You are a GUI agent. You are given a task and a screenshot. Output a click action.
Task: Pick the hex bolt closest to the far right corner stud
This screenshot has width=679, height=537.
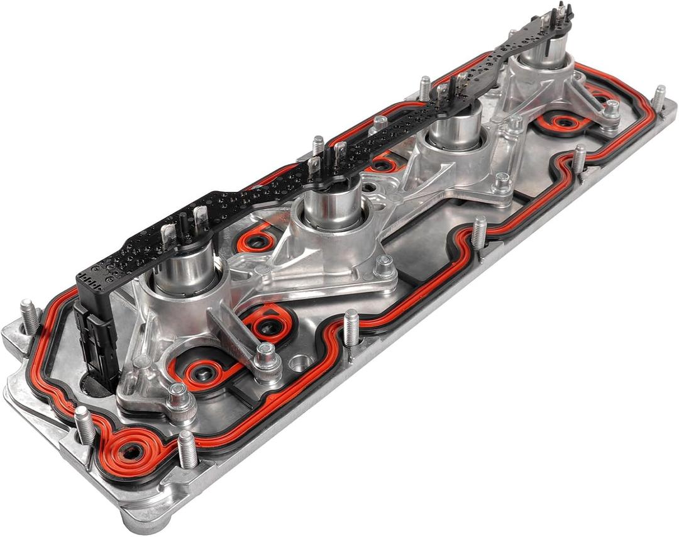pyautogui.click(x=609, y=113)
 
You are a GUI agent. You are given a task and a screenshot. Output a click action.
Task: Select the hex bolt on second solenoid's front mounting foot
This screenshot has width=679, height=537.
pyautogui.click(x=384, y=267)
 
